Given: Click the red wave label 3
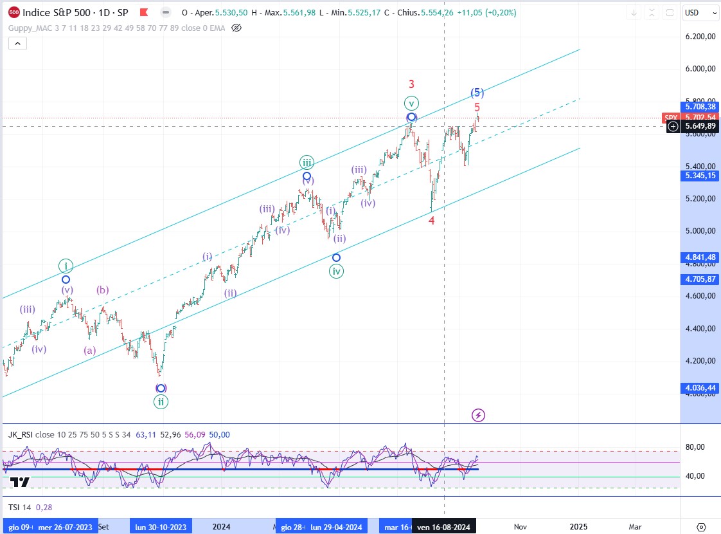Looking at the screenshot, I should click(x=411, y=84).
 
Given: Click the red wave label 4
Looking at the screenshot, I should click(x=432, y=221).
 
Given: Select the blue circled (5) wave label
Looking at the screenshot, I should click(x=477, y=93).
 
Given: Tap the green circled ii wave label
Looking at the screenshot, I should click(x=161, y=401).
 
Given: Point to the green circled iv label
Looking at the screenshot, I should click(x=336, y=272).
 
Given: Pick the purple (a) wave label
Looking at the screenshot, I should click(x=89, y=351).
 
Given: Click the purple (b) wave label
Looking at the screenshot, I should click(x=103, y=290).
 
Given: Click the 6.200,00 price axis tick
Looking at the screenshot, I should click(x=700, y=37).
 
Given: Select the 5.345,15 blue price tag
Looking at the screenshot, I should click(x=700, y=176).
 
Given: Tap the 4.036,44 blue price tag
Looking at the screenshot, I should click(x=700, y=388).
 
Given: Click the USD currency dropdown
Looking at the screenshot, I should click(x=701, y=13).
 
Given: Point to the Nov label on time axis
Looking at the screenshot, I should click(x=521, y=526).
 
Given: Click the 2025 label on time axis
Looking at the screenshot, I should click(x=578, y=526).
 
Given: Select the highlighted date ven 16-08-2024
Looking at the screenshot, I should click(x=443, y=527).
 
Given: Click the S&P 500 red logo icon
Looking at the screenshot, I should click(x=14, y=12).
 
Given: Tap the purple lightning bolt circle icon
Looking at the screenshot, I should click(x=478, y=415).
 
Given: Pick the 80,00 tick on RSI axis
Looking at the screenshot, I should click(x=695, y=447).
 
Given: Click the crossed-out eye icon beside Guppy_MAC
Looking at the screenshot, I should click(x=236, y=28).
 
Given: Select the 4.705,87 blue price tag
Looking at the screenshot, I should click(x=700, y=279).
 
